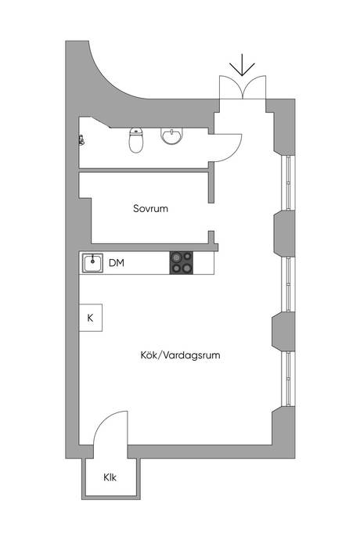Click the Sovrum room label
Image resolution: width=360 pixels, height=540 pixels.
coord(150,208)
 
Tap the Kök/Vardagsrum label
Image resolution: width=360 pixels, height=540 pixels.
coord(180,355)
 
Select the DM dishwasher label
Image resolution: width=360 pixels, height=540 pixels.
coord(117,263)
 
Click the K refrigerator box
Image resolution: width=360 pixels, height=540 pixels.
coord(91,318)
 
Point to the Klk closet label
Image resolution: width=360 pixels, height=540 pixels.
coord(110,477)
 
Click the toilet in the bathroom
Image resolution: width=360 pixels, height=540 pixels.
coord(135,140)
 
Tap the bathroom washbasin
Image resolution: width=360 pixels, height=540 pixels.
coord(171,136)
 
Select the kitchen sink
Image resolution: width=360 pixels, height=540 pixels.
coord(92,264)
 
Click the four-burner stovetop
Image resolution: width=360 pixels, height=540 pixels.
coord(182,263)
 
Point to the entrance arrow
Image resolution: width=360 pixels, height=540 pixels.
coord(242,65)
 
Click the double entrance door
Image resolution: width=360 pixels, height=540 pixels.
coord(243,88)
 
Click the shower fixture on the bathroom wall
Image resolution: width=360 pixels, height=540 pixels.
coord(81,140)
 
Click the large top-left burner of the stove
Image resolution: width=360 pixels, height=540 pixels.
coord(177,257)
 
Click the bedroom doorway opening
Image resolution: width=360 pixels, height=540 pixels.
coord(211,217)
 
